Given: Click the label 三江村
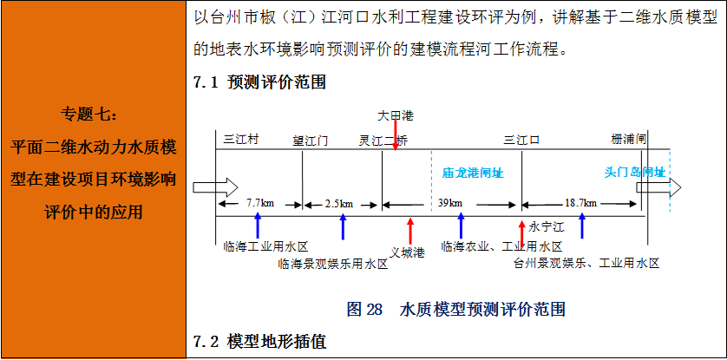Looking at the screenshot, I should coord(242,140).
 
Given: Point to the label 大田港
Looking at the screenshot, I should coord(396,115).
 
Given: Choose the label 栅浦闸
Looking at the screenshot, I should coord(628,140).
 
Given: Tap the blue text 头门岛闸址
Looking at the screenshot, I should coord(634,173).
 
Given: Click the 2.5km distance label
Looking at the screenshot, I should coord(339,204).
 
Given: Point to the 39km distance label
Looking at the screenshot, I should coord(450,204).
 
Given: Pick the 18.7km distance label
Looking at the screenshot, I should coord(580,204).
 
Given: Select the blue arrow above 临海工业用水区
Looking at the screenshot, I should coord(258,227).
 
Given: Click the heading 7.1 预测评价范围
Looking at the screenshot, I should coord(259,83).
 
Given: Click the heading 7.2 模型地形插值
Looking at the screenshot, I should coord(259,342).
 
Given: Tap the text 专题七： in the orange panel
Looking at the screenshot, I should coord(93,114).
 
